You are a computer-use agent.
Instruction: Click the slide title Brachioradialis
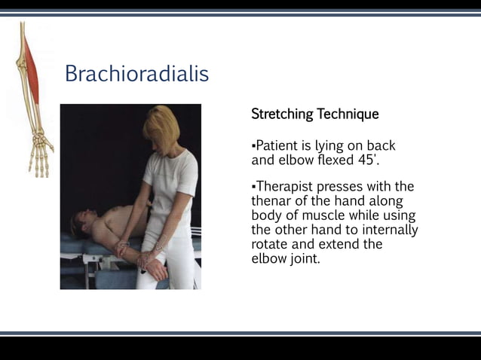pyautogui.click(x=136, y=74)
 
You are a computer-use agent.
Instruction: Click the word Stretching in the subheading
pyautogui.click(x=282, y=114)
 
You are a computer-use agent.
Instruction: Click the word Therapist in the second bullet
pyautogui.click(x=285, y=186)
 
